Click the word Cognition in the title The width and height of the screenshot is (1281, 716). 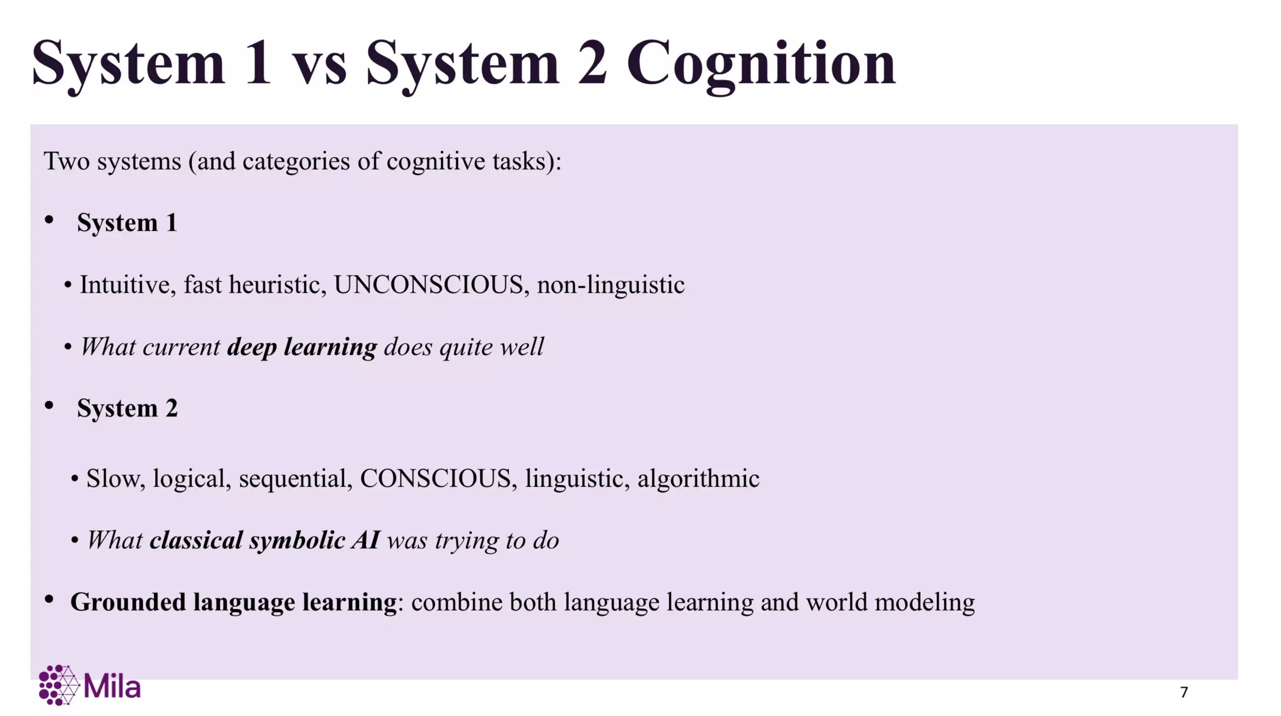point(761,65)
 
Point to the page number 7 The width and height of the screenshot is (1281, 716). point(1184,692)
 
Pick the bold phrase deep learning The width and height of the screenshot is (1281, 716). point(302,347)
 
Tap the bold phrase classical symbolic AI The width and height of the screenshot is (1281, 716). point(265,540)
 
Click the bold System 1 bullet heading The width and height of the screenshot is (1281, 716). point(127,222)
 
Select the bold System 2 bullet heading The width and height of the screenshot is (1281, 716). point(127,408)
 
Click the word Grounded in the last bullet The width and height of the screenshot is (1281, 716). point(128,602)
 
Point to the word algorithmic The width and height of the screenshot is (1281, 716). point(698,478)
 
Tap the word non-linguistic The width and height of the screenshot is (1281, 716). point(611,285)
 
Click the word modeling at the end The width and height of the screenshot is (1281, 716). point(925,602)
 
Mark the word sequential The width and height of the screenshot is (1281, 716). point(296,479)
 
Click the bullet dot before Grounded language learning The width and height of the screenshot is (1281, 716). point(49,600)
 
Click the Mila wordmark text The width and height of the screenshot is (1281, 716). point(113,687)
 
